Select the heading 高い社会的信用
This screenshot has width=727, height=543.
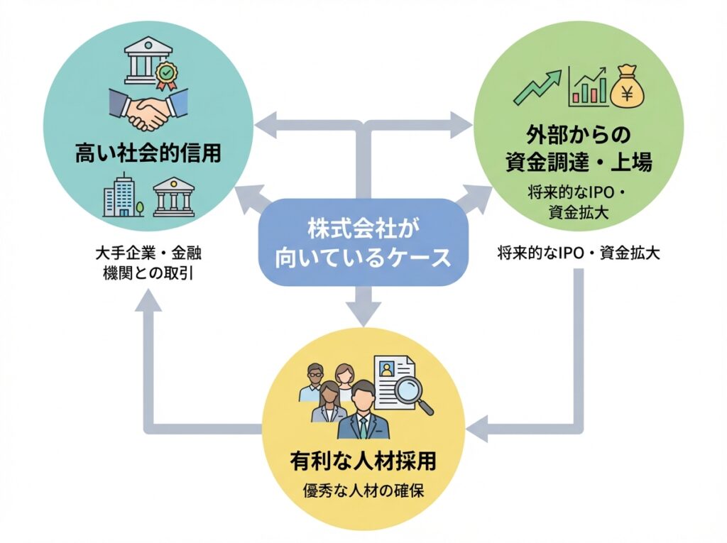[x=148, y=153]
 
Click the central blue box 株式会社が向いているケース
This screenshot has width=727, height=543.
[x=363, y=242]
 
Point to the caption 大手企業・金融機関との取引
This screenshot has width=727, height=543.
[x=148, y=263]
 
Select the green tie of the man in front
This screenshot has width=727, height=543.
[x=363, y=427]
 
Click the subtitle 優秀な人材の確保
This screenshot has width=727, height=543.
[x=363, y=491]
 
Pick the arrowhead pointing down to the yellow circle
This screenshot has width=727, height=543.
[x=363, y=313]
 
